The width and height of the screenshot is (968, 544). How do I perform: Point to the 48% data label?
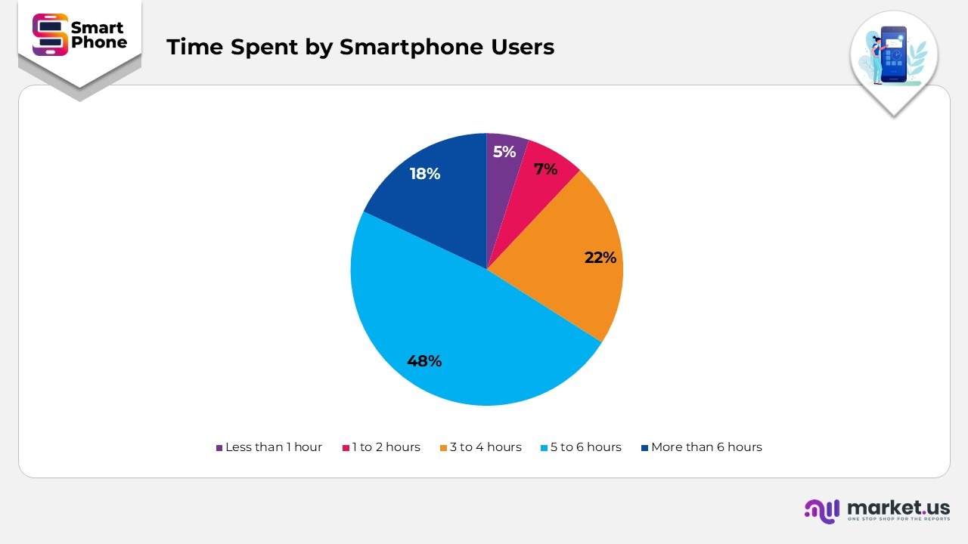coord(424,361)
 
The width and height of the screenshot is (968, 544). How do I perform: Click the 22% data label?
coord(600,258)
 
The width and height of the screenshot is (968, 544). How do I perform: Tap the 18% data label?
coord(425,174)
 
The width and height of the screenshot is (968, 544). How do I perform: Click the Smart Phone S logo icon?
coord(50,35)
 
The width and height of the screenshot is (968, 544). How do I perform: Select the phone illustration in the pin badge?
coord(893,54)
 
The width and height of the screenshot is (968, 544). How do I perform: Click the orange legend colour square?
coord(444,448)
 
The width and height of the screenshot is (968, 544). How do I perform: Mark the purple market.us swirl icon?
coord(822,510)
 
